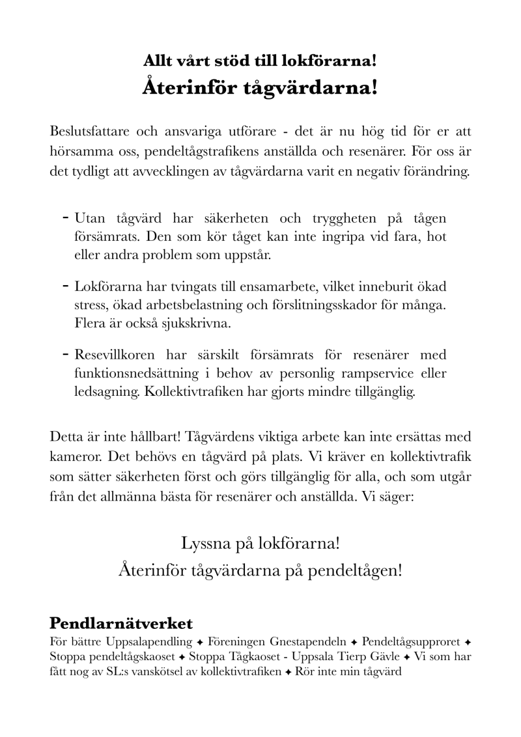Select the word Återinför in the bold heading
pos(188,87)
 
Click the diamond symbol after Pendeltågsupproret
pos(468,642)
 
